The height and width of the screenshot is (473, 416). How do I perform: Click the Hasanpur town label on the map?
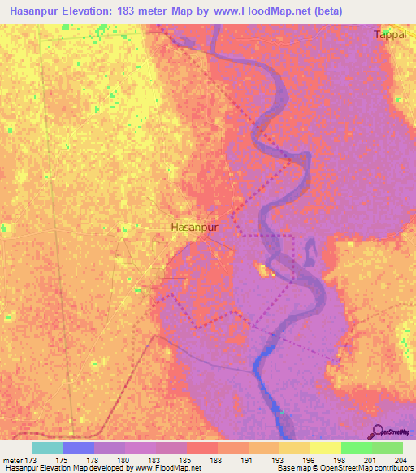(x=195, y=228)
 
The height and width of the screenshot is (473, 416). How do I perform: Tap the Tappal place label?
(x=389, y=34)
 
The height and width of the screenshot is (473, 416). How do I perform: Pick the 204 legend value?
(x=397, y=459)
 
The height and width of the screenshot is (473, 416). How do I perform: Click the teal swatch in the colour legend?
(x=48, y=448)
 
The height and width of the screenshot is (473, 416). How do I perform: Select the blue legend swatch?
(x=79, y=448)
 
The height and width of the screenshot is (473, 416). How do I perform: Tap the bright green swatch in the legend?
(x=357, y=448)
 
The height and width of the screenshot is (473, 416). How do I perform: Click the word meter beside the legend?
(x=14, y=459)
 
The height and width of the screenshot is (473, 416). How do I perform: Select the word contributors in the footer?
(x=393, y=468)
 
